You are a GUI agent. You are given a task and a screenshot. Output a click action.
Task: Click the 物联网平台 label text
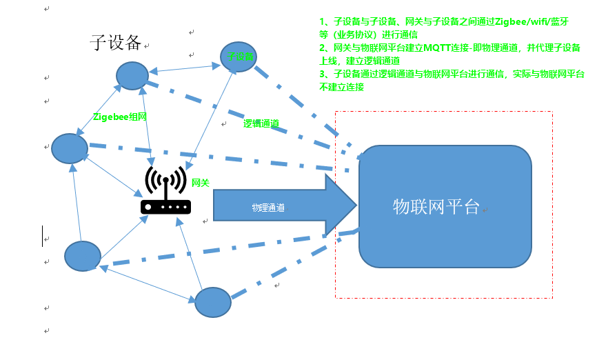coord(436,206)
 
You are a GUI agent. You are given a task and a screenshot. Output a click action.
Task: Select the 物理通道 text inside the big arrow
coord(268,207)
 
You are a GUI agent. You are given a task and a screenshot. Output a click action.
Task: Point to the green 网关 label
coord(200,183)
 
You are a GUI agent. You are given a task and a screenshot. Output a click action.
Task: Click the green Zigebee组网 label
coord(120,117)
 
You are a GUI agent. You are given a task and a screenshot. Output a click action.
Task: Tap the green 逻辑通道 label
coord(261,124)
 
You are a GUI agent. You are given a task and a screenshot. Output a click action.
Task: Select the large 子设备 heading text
coord(116,43)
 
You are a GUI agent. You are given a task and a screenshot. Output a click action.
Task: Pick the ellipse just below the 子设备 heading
coord(132,76)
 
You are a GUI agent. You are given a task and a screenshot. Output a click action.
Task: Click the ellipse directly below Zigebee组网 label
coord(70,148)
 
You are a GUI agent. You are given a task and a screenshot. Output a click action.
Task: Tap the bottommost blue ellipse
coord(212,302)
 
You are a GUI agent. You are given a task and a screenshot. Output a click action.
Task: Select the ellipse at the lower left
coord(83,256)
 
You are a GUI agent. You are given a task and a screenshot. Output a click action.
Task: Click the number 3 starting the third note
coord(322,74)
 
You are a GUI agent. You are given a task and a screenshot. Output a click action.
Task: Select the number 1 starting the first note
coord(322,21)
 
